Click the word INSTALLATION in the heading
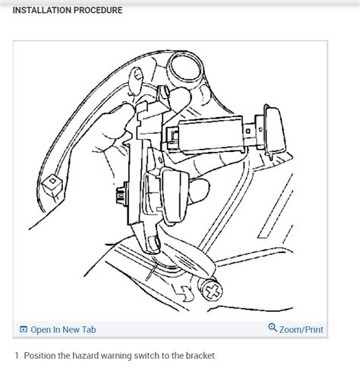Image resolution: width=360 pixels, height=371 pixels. [43, 10]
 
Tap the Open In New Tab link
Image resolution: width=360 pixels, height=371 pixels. [63, 330]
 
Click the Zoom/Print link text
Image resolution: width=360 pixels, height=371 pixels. [302, 330]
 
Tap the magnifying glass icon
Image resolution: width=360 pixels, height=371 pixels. [273, 328]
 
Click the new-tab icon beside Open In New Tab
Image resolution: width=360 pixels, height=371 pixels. [24, 329]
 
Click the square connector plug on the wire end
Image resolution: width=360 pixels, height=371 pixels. [52, 185]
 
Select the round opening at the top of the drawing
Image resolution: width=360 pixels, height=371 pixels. [185, 66]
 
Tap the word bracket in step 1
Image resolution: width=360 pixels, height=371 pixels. [201, 356]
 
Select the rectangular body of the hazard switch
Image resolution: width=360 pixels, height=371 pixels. [210, 135]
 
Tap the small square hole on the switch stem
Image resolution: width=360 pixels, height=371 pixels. [248, 132]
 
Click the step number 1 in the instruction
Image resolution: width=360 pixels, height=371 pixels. [17, 356]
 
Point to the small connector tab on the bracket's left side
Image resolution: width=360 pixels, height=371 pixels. [122, 193]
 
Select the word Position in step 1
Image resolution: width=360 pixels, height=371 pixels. [39, 356]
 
